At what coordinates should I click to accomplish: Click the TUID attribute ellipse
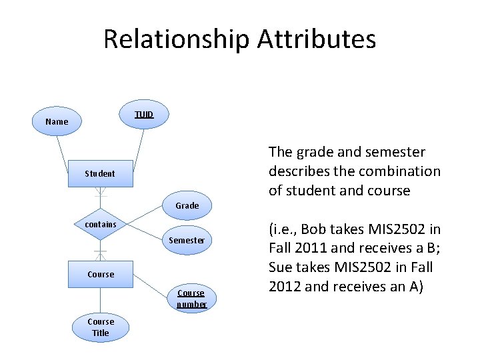click(x=143, y=115)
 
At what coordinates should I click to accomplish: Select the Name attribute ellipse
click(x=57, y=122)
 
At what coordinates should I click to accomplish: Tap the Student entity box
click(x=100, y=173)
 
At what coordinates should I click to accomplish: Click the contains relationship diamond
click(x=100, y=225)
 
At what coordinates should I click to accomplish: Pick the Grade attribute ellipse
click(x=187, y=205)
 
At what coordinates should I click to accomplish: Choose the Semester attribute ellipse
click(x=187, y=240)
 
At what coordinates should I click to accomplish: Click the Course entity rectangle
click(x=100, y=274)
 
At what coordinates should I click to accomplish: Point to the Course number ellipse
click(x=191, y=299)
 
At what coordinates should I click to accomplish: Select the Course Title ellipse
click(x=100, y=327)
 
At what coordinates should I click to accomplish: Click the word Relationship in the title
click(x=175, y=40)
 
